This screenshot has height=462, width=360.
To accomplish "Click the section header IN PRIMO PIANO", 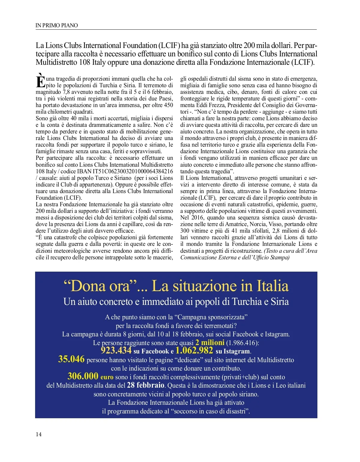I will (56, 25).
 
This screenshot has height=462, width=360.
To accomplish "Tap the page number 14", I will (39, 434).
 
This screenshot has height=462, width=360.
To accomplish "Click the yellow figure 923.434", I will (116, 350).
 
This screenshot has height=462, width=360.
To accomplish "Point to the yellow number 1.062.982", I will (194, 350).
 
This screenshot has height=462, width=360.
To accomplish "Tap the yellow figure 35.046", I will (71, 359).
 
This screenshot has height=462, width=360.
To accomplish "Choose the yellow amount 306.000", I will (83, 376).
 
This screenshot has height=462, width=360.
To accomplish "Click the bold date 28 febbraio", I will (145, 385).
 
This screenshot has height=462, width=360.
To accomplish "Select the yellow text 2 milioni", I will (210, 342).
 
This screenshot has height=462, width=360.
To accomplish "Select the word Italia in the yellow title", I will (272, 286).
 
